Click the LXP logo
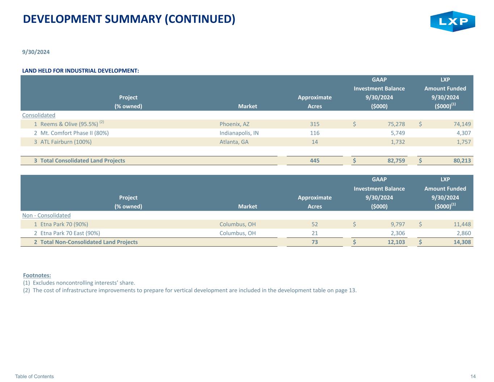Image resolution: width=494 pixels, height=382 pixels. pyautogui.click(x=452, y=21)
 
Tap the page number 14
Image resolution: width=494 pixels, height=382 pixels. pyautogui.click(x=473, y=376)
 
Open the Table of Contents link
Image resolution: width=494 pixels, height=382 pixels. pyautogui.click(x=34, y=376)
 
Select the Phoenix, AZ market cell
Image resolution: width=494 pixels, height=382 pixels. pyautogui.click(x=235, y=124)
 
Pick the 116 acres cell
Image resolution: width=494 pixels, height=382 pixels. pyautogui.click(x=314, y=133)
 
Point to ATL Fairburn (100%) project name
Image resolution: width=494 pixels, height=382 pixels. pyautogui.click(x=66, y=142)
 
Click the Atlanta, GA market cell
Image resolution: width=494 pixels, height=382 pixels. pyautogui.click(x=234, y=142)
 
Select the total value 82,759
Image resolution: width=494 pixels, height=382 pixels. pyautogui.click(x=396, y=160)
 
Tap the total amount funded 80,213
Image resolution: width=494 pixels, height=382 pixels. pyautogui.click(x=462, y=160)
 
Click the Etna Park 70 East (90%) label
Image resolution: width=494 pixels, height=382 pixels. pyautogui.click(x=70, y=233)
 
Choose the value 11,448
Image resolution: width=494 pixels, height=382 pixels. pyautogui.click(x=462, y=224)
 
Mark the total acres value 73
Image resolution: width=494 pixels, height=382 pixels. pyautogui.click(x=314, y=242)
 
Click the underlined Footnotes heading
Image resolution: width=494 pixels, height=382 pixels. pyautogui.click(x=37, y=275)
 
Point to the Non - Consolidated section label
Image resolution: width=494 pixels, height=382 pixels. pyautogui.click(x=46, y=215)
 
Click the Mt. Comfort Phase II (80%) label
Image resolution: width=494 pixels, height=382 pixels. pyautogui.click(x=75, y=133)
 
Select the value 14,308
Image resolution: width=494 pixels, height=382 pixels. pyautogui.click(x=462, y=242)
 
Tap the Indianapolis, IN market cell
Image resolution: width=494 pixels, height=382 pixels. pyautogui.click(x=239, y=133)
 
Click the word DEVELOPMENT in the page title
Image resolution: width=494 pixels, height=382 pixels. pyautogui.click(x=62, y=19)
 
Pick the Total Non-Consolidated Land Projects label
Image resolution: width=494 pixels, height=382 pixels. pyautogui.click(x=89, y=242)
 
